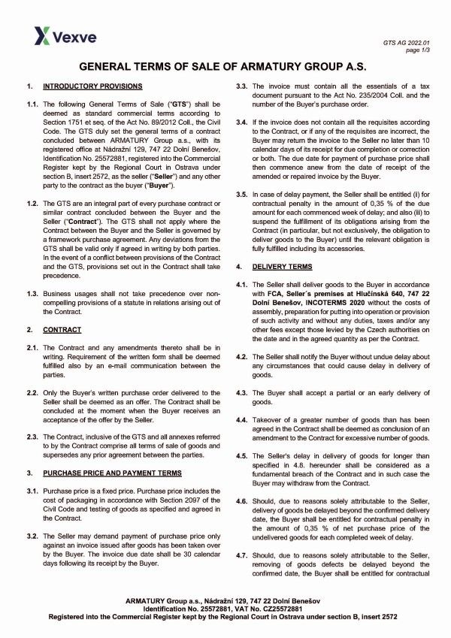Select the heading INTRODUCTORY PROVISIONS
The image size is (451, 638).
88,88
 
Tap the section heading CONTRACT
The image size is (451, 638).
62,330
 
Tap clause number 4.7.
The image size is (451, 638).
241,554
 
